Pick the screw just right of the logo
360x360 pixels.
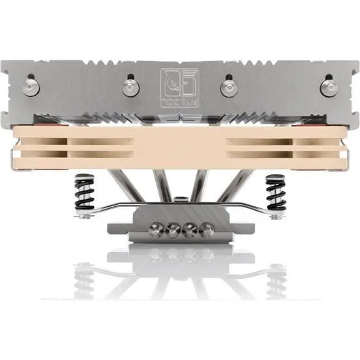[x=228, y=87]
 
